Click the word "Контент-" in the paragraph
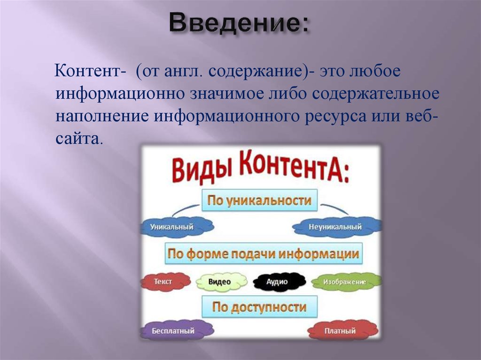pos(90,72)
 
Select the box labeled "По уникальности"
pos(260,201)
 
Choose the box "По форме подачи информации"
pos(264,254)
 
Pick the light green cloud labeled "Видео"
pos(220,282)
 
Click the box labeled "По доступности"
pos(259,307)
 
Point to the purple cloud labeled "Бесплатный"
pos(174,330)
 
